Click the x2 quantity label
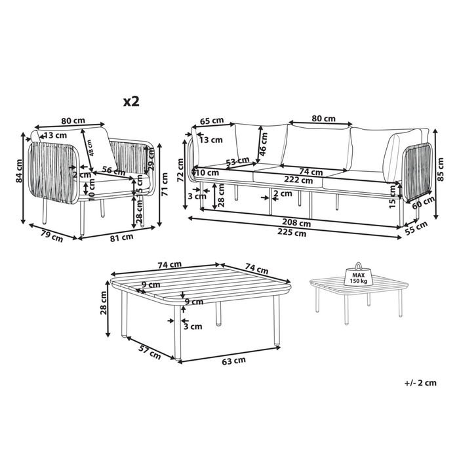(131, 101)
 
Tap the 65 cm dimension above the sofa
(211, 121)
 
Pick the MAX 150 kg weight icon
(359, 276)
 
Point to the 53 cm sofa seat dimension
(238, 162)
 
